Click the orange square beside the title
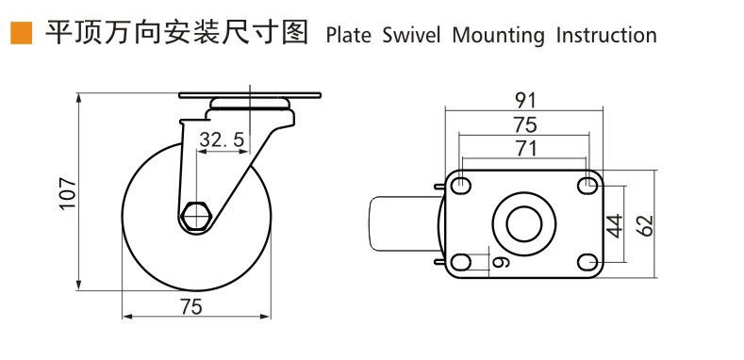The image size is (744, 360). coord(22,33)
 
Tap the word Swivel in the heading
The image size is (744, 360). coord(411,36)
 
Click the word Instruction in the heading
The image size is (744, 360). coord(606,36)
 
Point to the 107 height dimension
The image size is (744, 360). coord(67,194)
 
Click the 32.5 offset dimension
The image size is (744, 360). coord(222,139)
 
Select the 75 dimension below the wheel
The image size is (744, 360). coord(190,307)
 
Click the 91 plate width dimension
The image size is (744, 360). coord(525,101)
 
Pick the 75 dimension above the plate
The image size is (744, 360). coord(525,124)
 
